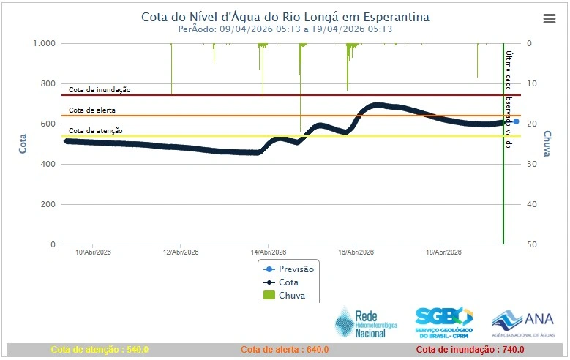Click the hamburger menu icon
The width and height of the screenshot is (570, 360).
[x=550, y=19]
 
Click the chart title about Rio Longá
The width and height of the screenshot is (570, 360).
[x=285, y=16]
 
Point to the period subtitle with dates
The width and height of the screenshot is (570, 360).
[x=285, y=29]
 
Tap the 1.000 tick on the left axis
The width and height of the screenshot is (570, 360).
[x=44, y=43]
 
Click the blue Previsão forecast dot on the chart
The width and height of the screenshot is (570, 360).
[x=516, y=121]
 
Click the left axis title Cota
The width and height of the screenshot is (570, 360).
[x=23, y=143]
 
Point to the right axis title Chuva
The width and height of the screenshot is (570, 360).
[x=547, y=143]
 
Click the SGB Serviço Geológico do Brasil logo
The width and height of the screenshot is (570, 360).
[x=443, y=323]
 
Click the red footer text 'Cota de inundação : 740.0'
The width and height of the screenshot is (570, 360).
[x=472, y=350]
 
